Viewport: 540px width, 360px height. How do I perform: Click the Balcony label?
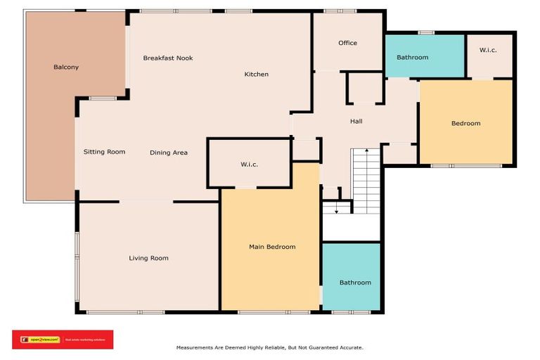(66, 67)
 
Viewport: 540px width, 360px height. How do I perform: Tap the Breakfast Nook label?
(167, 58)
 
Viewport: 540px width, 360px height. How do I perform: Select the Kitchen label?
(256, 75)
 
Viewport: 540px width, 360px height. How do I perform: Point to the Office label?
(347, 43)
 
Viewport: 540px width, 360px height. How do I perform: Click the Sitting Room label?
(104, 152)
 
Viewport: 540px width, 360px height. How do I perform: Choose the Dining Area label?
(169, 153)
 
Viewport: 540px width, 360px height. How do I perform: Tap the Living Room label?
(148, 258)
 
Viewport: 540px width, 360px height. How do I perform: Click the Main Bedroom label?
(272, 247)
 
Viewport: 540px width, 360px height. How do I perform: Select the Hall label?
(356, 122)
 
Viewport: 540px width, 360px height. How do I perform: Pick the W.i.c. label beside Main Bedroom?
(250, 165)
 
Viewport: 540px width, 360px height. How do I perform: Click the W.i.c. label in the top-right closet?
(489, 50)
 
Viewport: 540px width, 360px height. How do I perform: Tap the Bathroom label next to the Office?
(412, 57)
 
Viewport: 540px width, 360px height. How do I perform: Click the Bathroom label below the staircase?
(355, 283)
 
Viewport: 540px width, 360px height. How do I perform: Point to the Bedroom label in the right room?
(465, 124)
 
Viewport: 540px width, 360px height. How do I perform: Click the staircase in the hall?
(366, 181)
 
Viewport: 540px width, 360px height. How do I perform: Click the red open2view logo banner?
(63, 340)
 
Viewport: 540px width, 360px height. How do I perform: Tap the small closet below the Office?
(365, 89)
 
